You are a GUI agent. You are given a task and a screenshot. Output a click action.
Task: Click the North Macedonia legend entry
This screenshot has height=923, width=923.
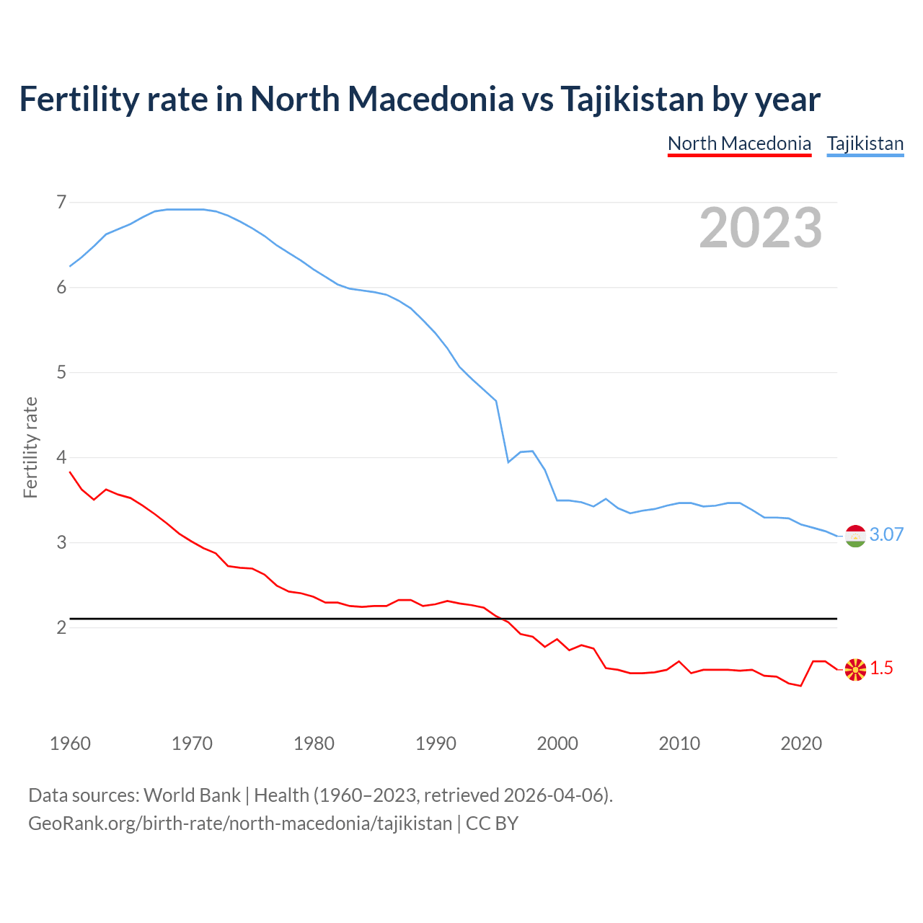[739, 143]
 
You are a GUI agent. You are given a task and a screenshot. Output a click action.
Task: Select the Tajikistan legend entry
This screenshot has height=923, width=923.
[865, 143]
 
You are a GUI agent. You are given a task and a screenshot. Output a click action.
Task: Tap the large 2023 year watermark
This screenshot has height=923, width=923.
[760, 228]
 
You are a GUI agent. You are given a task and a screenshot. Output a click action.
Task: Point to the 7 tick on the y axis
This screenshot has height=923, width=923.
[61, 202]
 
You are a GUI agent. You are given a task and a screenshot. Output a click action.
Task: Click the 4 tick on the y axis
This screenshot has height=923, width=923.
[61, 457]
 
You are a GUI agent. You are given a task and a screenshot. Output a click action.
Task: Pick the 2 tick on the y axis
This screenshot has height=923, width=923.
[61, 627]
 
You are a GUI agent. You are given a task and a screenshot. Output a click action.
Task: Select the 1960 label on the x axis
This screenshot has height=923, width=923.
[70, 743]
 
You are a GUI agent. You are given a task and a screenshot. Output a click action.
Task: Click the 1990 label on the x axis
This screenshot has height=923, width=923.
[436, 743]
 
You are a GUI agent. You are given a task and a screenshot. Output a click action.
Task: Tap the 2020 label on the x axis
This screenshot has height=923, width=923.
[801, 743]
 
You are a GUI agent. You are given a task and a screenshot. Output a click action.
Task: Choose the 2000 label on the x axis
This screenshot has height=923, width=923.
[557, 743]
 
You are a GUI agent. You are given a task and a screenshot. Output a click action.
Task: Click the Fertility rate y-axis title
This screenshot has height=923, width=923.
[30, 447]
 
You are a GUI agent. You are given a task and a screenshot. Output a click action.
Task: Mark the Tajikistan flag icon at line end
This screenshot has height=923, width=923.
[855, 536]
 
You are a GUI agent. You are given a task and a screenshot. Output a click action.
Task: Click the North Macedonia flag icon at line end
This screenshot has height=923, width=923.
[855, 669]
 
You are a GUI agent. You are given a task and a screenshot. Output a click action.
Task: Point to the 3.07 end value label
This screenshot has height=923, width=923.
[886, 534]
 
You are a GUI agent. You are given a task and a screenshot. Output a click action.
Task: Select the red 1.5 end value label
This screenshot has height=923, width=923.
[881, 668]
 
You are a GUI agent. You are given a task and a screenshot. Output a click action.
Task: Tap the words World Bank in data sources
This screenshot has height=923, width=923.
[192, 795]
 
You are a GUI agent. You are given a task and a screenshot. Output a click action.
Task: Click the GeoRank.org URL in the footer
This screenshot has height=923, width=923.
[239, 823]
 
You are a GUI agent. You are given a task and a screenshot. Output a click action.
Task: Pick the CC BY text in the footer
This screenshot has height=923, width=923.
[492, 823]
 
